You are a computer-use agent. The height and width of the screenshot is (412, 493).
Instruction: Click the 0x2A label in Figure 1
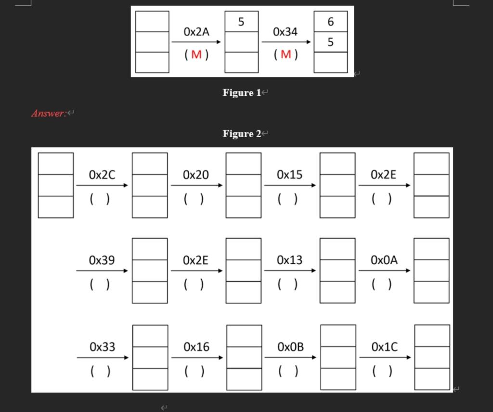[x=196, y=32]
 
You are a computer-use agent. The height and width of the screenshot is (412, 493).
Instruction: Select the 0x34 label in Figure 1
[x=285, y=32]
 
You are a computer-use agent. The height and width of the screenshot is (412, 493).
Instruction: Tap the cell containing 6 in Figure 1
[x=330, y=22]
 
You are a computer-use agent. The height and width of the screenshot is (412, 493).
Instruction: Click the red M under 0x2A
[x=196, y=54]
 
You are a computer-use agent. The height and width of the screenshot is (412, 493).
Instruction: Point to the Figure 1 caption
[x=242, y=92]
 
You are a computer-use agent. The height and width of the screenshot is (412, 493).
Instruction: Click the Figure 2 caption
[x=242, y=134]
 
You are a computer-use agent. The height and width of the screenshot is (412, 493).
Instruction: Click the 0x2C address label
[x=102, y=175]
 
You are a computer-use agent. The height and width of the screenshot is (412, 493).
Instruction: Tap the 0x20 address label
[x=196, y=175]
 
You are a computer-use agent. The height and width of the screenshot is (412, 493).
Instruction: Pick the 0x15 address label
[x=290, y=175]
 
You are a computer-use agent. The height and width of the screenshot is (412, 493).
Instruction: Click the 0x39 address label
[x=102, y=260]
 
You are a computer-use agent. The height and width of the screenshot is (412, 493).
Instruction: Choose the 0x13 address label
[x=290, y=260]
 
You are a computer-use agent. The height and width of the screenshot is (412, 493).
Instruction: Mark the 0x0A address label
[x=384, y=260]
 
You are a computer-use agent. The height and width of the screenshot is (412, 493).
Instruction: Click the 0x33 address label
[x=103, y=347]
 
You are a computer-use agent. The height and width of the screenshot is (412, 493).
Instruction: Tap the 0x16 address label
[x=196, y=347]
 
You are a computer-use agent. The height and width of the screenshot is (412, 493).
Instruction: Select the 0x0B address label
[x=290, y=347]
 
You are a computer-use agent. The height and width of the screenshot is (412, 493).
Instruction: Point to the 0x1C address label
[x=384, y=347]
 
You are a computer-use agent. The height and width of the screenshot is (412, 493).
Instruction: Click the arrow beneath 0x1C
[x=385, y=358]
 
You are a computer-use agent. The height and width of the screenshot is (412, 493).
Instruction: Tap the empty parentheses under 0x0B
[x=288, y=371]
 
